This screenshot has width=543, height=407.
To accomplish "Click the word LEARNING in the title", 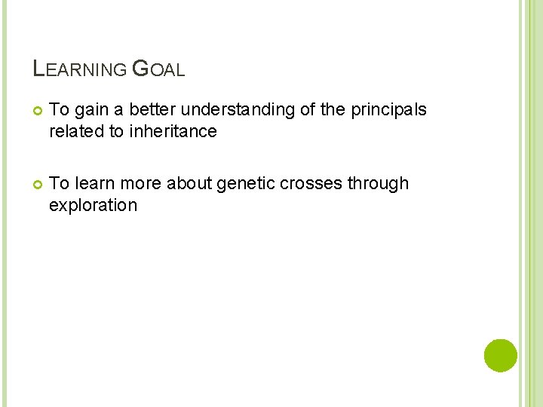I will tap(80, 69).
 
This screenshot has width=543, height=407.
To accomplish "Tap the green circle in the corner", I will tap(501, 355).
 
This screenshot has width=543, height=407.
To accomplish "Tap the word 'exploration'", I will tap(93, 206).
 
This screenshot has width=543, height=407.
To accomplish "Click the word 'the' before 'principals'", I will tap(332, 110).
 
